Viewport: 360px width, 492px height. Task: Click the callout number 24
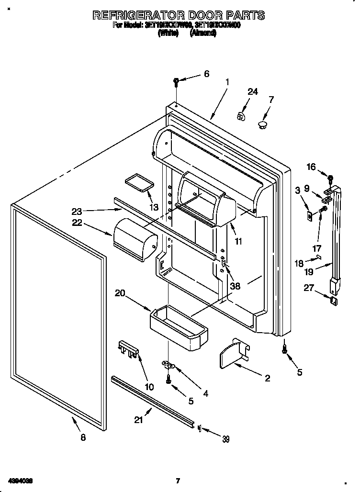[252, 92]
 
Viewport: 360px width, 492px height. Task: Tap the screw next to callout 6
[177, 82]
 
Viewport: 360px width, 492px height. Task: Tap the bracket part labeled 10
[128, 349]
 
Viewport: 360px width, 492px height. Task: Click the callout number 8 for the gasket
[83, 437]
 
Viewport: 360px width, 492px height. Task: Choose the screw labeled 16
[330, 179]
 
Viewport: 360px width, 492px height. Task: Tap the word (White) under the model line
[168, 34]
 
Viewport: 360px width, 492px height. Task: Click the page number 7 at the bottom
[178, 481]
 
